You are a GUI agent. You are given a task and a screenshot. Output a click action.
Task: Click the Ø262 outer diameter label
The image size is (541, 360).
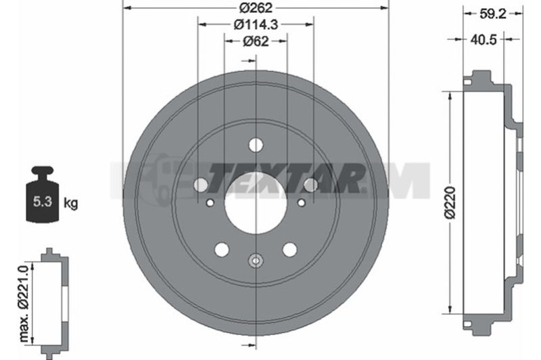tap(256, 7)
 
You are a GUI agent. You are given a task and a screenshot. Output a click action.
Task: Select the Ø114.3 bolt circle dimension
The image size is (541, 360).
tap(256, 24)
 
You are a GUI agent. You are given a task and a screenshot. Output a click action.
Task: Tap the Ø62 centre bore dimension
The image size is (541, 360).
tap(256, 41)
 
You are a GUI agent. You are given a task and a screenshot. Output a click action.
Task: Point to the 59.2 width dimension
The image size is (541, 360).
tap(493, 14)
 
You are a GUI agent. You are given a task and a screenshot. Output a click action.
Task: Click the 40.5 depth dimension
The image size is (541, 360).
tap(484, 40)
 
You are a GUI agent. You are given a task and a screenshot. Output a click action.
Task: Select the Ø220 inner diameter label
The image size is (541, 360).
tap(450, 202)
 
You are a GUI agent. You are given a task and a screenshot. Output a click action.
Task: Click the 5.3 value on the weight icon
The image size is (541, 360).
tap(43, 202)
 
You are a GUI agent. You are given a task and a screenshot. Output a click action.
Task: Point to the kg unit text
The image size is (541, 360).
tap(71, 203)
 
